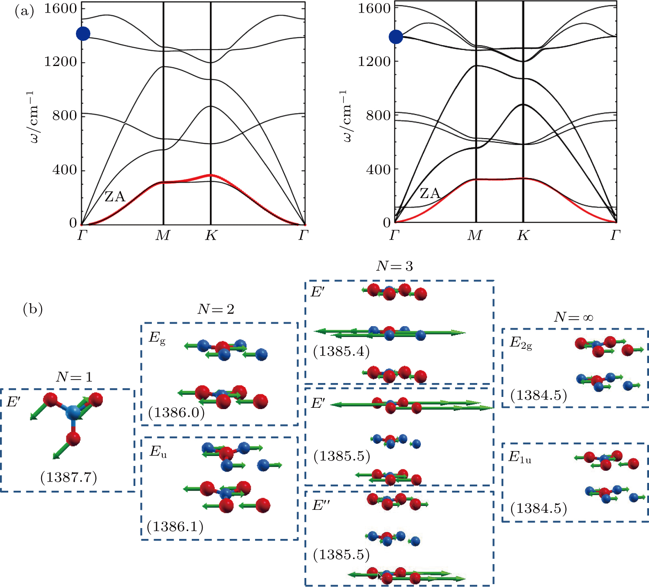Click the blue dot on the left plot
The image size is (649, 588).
[83, 33]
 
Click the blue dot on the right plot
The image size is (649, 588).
[396, 37]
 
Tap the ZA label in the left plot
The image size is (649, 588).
[115, 197]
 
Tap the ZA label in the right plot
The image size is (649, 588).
[429, 193]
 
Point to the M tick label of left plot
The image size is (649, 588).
[163, 236]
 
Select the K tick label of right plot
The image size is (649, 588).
[523, 236]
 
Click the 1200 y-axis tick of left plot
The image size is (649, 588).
[60, 62]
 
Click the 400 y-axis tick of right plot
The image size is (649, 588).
[378, 169]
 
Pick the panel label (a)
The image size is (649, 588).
[24, 11]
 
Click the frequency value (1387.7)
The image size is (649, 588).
[69, 477]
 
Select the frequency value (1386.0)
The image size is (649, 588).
[176, 412]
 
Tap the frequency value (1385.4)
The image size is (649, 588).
[341, 351]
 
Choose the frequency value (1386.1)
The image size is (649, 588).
[175, 526]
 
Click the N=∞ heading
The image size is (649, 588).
[574, 317]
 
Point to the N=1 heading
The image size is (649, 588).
[74, 377]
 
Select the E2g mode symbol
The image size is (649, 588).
[521, 343]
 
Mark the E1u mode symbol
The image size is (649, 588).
[520, 457]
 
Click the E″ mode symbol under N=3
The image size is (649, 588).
[321, 505]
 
